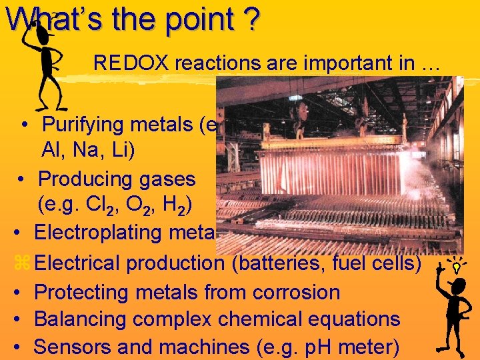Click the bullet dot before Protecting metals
point(20,293)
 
